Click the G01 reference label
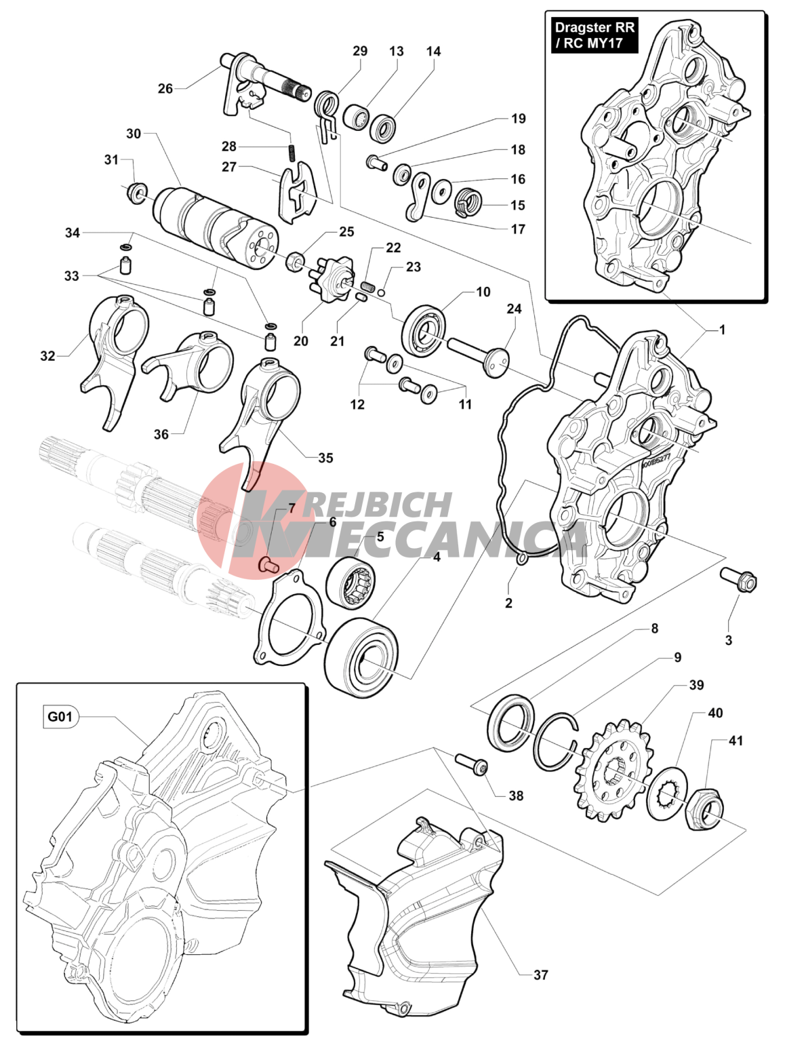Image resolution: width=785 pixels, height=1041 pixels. [x=60, y=716]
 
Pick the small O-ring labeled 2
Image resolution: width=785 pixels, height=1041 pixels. [x=521, y=559]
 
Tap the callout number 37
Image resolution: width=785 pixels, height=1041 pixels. [x=540, y=975]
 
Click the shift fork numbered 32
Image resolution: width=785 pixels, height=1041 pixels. [x=112, y=359]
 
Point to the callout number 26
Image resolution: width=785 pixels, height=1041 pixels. [x=165, y=88]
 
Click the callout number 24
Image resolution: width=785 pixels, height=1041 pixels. [x=514, y=309]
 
